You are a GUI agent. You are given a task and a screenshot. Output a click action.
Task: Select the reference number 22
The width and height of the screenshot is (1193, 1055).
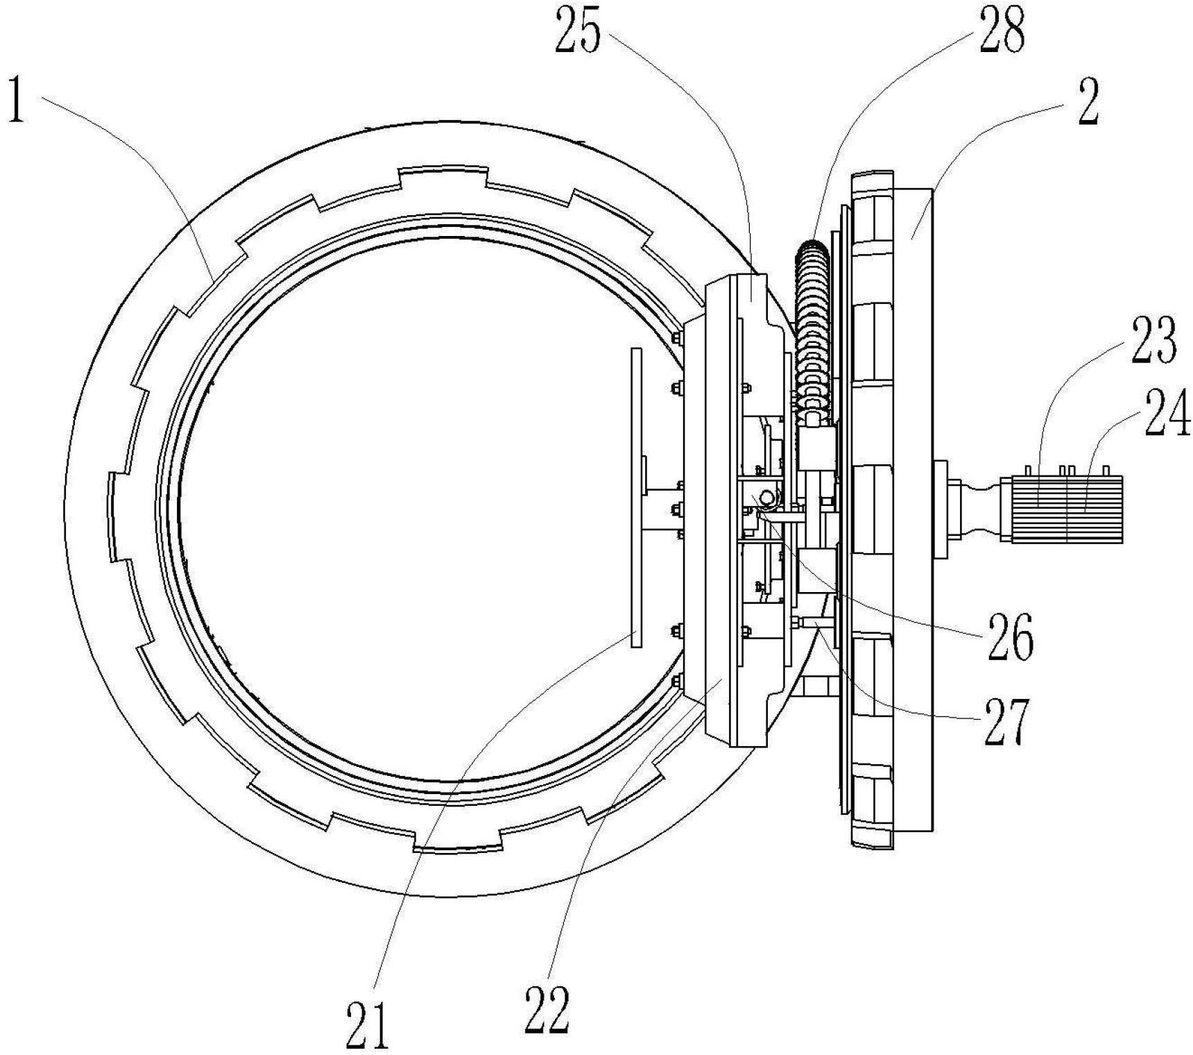[547, 1010]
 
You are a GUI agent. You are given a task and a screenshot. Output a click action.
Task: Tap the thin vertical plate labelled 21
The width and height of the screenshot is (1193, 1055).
[636, 498]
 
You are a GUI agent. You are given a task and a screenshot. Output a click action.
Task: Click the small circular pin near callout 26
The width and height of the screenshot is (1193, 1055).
[767, 498]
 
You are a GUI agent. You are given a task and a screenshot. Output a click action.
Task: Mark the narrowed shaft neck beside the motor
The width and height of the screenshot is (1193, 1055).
[979, 508]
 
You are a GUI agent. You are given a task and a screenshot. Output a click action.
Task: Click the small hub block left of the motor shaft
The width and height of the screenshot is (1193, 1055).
[944, 509]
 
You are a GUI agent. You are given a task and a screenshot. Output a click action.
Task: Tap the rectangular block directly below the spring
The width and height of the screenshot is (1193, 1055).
[816, 450]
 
